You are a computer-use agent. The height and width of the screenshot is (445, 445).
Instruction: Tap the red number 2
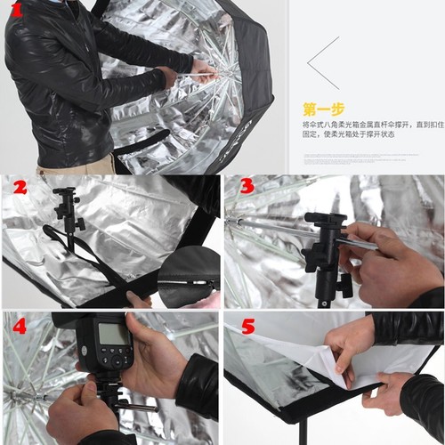19,187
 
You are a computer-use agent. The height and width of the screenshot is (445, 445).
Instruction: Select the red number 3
247,188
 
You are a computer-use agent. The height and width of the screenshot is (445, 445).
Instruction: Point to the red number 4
20,326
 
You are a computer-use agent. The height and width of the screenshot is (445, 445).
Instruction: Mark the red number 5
247,327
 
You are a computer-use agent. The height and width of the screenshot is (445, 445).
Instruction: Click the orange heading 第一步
323,109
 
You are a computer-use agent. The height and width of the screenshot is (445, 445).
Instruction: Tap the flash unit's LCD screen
114,335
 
